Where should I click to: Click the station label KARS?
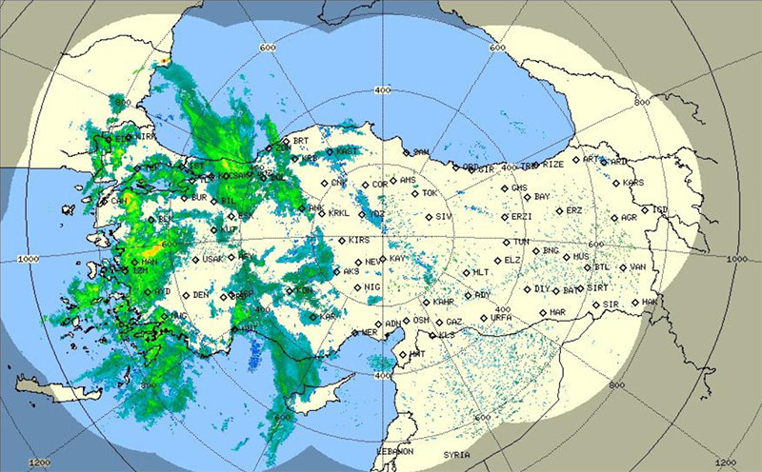[633, 183]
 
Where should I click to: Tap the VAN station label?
[638, 267]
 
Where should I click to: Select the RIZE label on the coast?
[554, 165]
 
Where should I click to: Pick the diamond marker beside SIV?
[428, 218]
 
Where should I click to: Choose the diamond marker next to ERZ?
[557, 211]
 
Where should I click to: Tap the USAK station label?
[212, 259]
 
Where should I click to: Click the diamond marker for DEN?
[184, 295]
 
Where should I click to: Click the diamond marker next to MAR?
[543, 312]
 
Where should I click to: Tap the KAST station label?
[349, 150]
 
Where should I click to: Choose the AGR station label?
[629, 218]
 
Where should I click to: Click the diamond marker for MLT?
[464, 273]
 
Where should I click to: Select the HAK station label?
[651, 302]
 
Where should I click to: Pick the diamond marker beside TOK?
[415, 194]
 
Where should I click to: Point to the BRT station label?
[301, 141]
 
